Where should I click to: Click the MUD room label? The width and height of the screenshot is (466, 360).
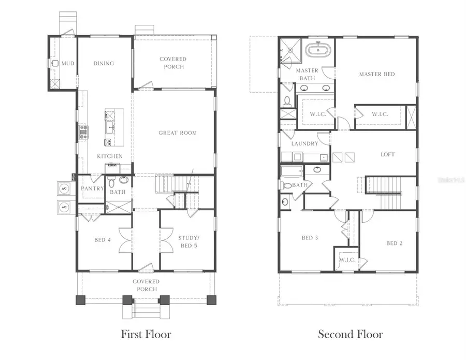pyautogui.click(x=68, y=64)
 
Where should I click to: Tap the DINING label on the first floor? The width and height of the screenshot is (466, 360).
pyautogui.click(x=104, y=64)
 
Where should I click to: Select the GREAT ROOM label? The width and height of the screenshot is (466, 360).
pyautogui.click(x=178, y=133)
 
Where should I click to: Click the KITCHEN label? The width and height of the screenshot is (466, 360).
pyautogui.click(x=110, y=156)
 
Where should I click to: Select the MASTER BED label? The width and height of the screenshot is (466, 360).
pyautogui.click(x=377, y=75)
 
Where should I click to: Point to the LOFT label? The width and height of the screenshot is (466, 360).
pyautogui.click(x=388, y=154)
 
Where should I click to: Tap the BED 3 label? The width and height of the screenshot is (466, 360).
pyautogui.click(x=309, y=238)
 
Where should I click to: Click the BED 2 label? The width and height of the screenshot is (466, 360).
pyautogui.click(x=394, y=243)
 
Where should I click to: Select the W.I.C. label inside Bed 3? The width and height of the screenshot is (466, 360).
pyautogui.click(x=347, y=260)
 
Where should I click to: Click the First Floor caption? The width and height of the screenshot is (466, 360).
pyautogui.click(x=145, y=334)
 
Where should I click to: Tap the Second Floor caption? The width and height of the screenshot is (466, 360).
pyautogui.click(x=350, y=334)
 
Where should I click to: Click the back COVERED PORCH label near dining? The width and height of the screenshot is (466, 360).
pyautogui.click(x=172, y=63)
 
